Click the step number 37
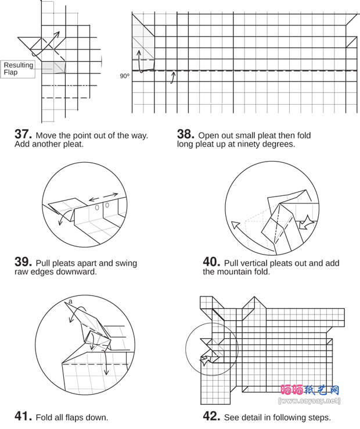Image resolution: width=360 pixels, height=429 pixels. pos(23,134)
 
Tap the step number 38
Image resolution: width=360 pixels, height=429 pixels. pos(186,134)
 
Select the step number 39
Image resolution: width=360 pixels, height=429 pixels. pos(23,262)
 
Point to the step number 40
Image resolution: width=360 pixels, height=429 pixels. pos(211,262)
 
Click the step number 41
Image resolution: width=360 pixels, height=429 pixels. pos(23,416)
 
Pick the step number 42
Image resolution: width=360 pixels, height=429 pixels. pos(211,416)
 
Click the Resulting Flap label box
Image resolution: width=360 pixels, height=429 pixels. pos(18,69)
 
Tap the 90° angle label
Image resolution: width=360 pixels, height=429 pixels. pos(125,76)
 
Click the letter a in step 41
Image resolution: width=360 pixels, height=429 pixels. pos(70,302)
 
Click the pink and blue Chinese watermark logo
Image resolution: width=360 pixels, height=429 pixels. pos(310,390)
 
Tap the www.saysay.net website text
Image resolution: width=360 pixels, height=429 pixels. pos(309,401)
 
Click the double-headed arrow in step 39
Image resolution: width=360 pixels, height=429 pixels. pos(103,196)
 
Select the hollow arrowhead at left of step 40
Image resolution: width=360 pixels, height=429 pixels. pos(235,225)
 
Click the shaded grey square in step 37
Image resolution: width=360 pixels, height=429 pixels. pos(53,67)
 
